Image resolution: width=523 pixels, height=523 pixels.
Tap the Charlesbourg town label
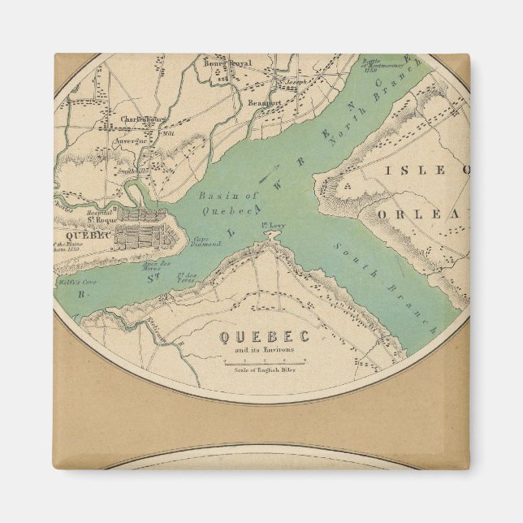pyautogui.click(x=144, y=119)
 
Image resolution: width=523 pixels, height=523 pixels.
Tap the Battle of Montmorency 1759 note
pyautogui.click(x=378, y=78)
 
